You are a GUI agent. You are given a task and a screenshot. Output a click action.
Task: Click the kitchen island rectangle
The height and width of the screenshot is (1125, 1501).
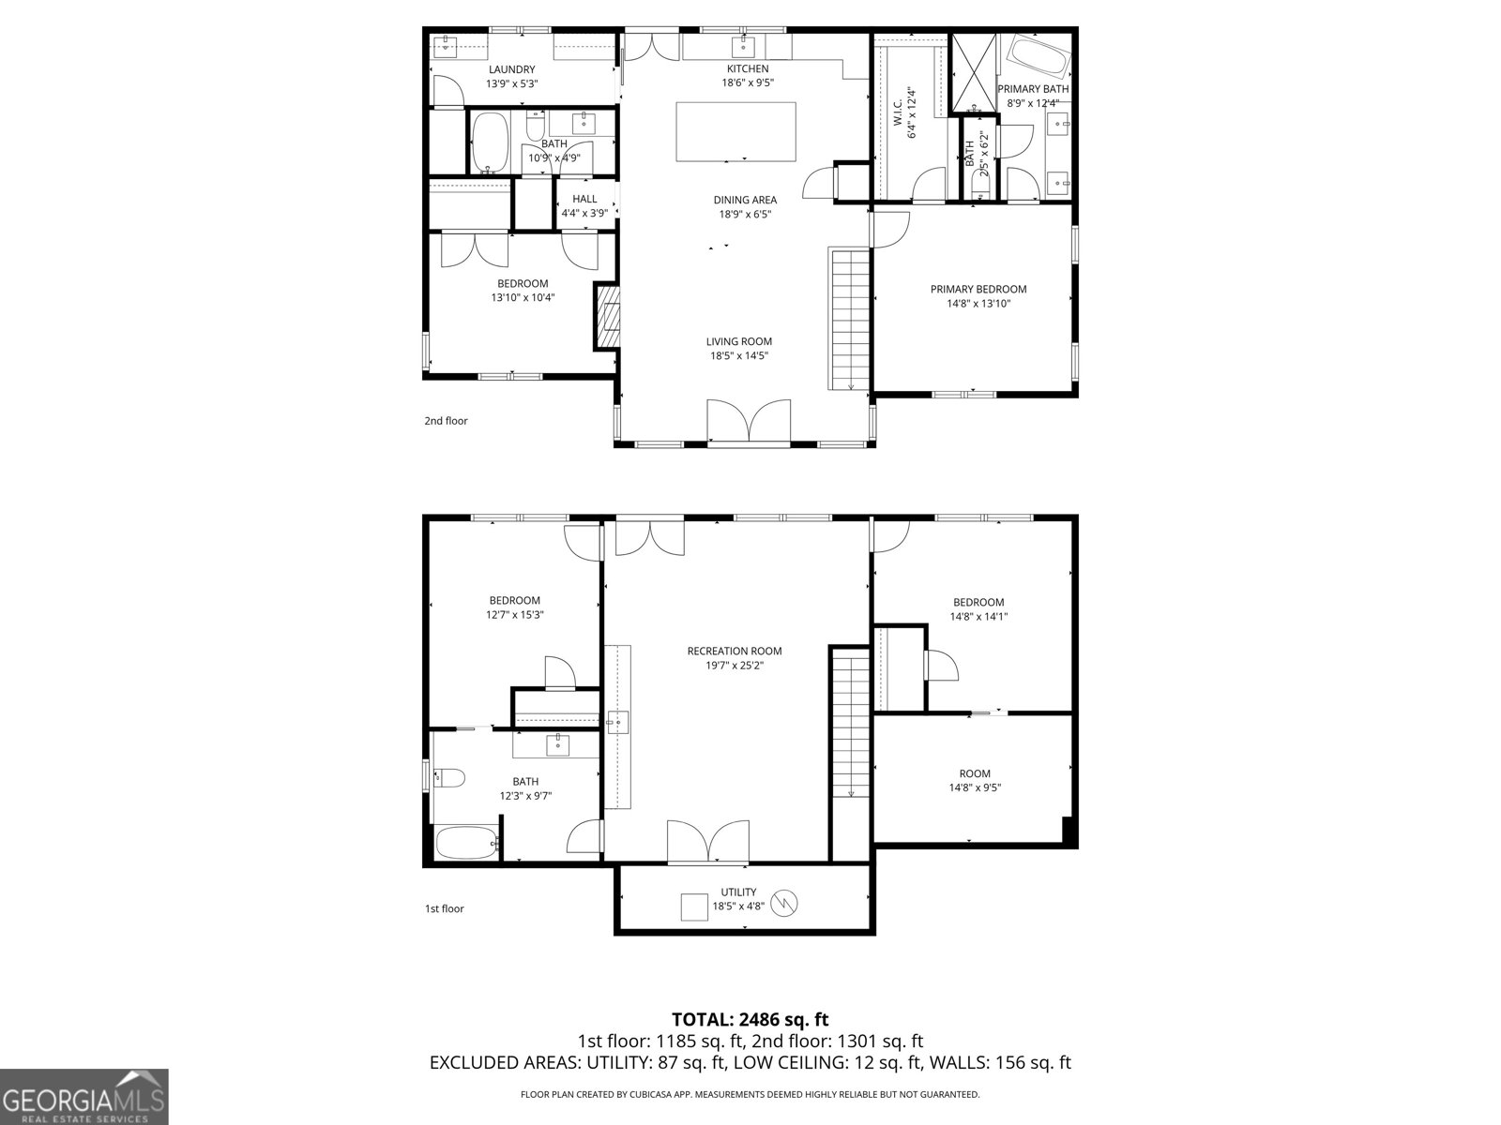[x=735, y=132]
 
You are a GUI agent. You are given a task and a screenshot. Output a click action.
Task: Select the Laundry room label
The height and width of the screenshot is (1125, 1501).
[x=511, y=77]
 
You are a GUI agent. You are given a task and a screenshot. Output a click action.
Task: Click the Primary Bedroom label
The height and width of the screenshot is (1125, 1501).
[x=978, y=295]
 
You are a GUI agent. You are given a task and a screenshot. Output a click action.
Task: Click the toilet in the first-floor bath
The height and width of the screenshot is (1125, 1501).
[x=449, y=777]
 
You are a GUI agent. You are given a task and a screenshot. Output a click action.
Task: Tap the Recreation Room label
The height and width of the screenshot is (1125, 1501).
[x=735, y=658]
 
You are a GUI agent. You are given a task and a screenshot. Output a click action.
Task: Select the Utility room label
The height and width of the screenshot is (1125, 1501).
[x=738, y=899]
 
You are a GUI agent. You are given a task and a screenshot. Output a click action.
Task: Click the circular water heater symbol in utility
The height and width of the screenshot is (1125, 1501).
[x=783, y=904]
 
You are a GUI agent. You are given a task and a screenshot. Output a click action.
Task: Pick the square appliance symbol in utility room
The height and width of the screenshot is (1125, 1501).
[x=694, y=907]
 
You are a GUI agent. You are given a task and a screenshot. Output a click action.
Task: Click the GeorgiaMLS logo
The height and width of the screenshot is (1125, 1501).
[x=84, y=1097]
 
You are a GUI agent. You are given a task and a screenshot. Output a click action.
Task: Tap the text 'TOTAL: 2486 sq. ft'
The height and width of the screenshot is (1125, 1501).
[x=750, y=1020]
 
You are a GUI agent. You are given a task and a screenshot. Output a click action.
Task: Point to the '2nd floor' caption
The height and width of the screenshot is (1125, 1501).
[x=446, y=421]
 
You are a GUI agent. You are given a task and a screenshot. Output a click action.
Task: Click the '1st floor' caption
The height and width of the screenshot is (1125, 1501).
[x=445, y=908]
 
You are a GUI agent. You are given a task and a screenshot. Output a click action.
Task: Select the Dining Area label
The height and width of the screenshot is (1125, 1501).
[x=745, y=207]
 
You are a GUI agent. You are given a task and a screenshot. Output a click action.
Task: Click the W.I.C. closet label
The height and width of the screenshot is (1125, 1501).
[x=904, y=112]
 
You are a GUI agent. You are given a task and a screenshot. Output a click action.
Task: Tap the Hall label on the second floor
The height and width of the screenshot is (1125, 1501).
[x=584, y=205]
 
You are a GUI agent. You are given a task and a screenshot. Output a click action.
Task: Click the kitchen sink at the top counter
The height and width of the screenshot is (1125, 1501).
[x=743, y=47]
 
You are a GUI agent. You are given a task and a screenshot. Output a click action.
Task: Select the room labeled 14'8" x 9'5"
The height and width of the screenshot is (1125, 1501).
[x=975, y=780]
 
